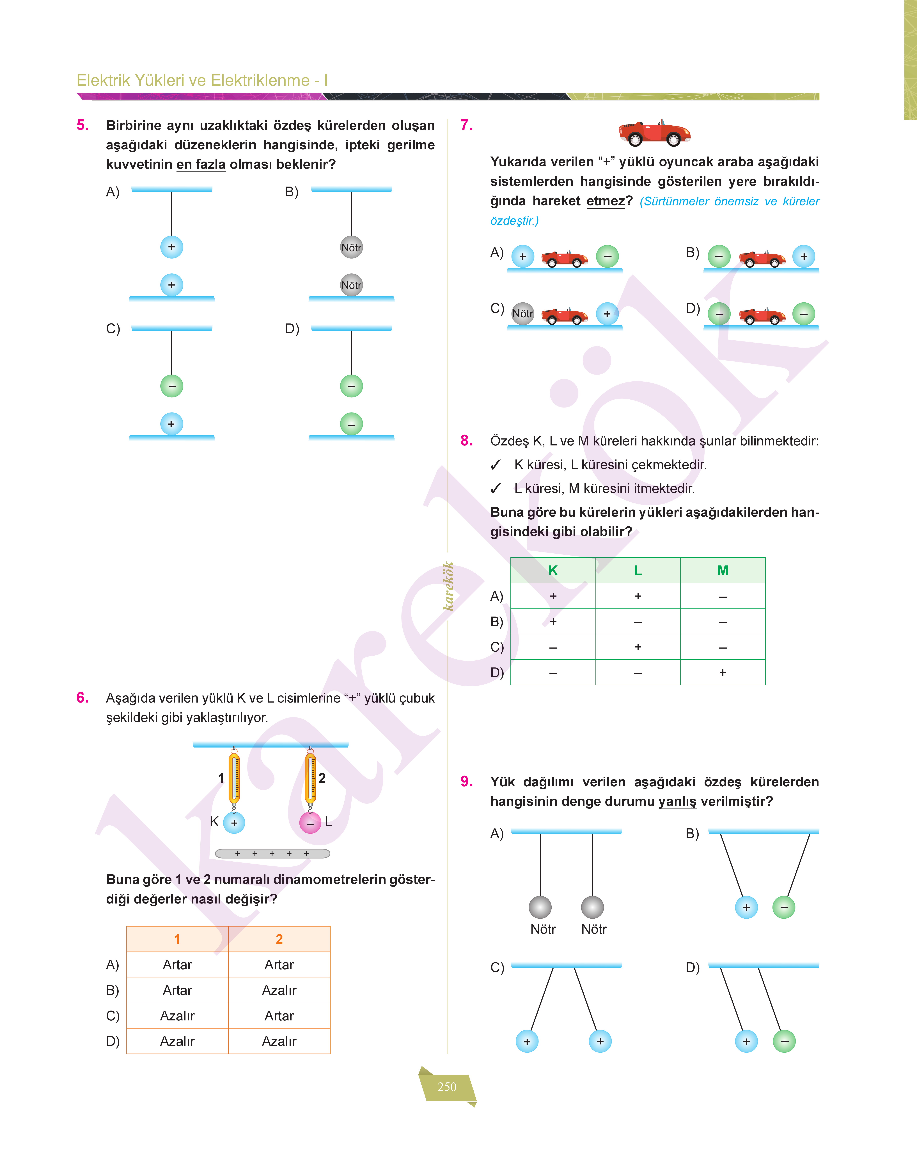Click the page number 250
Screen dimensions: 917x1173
click(x=447, y=1086)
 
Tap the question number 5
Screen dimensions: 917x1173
click(x=82, y=125)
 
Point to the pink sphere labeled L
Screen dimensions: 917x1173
click(x=310, y=823)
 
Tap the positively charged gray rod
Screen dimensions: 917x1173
click(x=272, y=853)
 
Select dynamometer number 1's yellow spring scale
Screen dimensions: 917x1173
click(x=234, y=778)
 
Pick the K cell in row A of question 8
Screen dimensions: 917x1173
click(x=553, y=596)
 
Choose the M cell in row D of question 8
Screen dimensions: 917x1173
click(x=723, y=672)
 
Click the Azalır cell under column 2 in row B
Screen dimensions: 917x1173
click(x=279, y=990)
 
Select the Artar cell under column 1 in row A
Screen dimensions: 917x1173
click(x=177, y=964)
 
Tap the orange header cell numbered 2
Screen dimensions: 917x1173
click(x=279, y=939)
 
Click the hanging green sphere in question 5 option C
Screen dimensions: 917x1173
click(x=172, y=386)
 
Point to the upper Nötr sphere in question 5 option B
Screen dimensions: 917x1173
click(x=352, y=247)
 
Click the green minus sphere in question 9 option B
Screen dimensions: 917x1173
click(x=784, y=908)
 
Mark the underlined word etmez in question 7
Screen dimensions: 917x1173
click(x=606, y=201)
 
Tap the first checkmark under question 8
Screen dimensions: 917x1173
click(x=496, y=465)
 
